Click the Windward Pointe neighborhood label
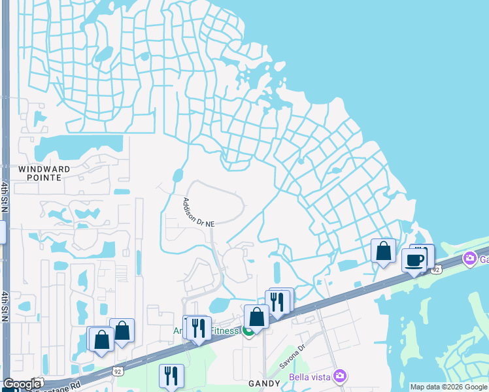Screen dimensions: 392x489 click(x=44, y=172)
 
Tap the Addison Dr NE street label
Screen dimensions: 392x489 click(x=198, y=212)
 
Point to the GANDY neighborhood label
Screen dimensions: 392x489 click(x=264, y=383)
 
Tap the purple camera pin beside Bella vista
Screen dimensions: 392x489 click(x=339, y=376)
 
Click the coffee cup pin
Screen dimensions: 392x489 click(x=414, y=260)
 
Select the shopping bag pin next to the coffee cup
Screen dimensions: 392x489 click(x=383, y=251)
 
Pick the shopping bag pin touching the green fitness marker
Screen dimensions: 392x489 click(x=257, y=318)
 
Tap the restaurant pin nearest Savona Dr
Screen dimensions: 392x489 click(x=278, y=302)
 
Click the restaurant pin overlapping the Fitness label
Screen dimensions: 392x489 click(x=199, y=327)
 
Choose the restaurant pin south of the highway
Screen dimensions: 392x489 click(x=171, y=376)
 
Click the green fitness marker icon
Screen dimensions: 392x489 click(x=248, y=331)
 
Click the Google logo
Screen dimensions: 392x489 click(x=22, y=384)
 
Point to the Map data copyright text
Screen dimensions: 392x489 click(x=448, y=387)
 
